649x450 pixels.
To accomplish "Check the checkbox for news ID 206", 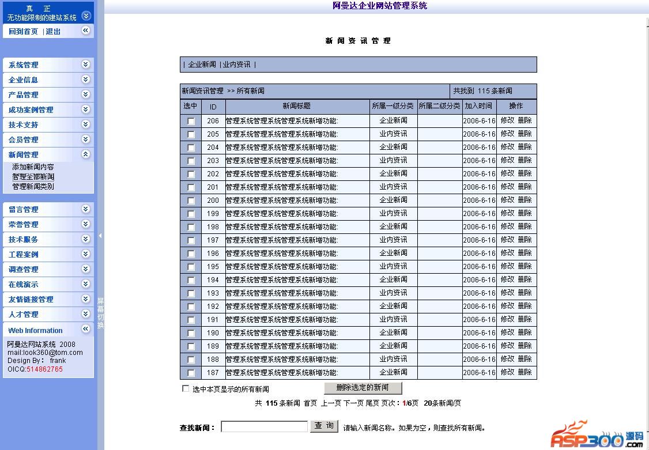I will (x=191, y=121).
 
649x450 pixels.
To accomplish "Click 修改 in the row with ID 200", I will (x=507, y=200).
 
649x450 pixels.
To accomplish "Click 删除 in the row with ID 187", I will (x=525, y=372).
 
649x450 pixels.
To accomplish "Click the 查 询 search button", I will (x=324, y=426).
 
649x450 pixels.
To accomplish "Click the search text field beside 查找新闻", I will (x=264, y=426).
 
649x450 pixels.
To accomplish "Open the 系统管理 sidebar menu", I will (x=24, y=65).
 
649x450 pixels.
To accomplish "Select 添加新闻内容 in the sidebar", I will (x=33, y=167).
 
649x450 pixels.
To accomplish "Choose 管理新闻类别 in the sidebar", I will (x=33, y=187).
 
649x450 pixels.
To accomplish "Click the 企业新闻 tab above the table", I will (x=202, y=65).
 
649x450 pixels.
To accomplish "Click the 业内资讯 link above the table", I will (x=236, y=65).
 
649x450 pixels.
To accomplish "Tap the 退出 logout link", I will (x=53, y=32).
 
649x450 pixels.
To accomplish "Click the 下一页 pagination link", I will (x=353, y=403).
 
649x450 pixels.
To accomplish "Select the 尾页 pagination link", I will (x=372, y=403).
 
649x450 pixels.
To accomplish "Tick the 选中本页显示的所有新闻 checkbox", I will (x=186, y=388).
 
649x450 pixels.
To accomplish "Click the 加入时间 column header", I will (x=479, y=106).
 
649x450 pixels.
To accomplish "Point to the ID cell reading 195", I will (x=213, y=267).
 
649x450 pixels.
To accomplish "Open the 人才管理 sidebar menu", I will (x=24, y=315).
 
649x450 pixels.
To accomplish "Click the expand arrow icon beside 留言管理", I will (x=86, y=209).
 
